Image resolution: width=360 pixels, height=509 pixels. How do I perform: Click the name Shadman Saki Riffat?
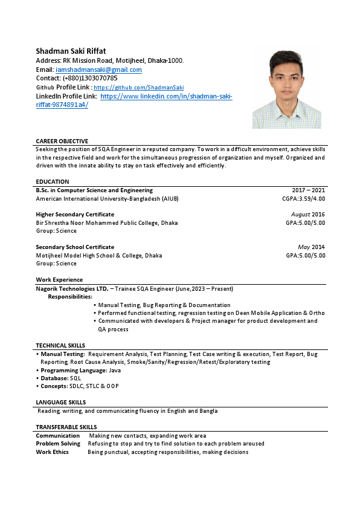coord(71,51)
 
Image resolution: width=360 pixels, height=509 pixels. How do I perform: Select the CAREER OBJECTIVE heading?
coord(62,141)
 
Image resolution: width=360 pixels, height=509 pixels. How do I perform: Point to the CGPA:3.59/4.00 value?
coord(303,198)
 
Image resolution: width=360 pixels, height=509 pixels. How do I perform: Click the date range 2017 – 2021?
coord(308,190)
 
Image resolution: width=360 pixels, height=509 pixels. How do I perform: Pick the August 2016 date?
coord(308,215)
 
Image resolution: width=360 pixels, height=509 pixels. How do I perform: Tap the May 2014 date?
coord(311,247)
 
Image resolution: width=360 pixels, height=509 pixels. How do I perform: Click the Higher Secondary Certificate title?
coord(75,215)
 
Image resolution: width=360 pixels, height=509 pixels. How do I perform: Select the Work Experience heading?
coord(59,280)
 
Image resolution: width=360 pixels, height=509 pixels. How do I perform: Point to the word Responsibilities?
coord(70,297)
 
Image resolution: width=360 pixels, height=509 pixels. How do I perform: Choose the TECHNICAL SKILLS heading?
coord(60,345)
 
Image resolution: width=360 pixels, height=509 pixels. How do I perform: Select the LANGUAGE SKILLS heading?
coord(60,402)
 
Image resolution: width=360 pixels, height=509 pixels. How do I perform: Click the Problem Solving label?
coord(58,443)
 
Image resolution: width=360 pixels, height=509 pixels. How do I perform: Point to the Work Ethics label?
coord(52,452)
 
